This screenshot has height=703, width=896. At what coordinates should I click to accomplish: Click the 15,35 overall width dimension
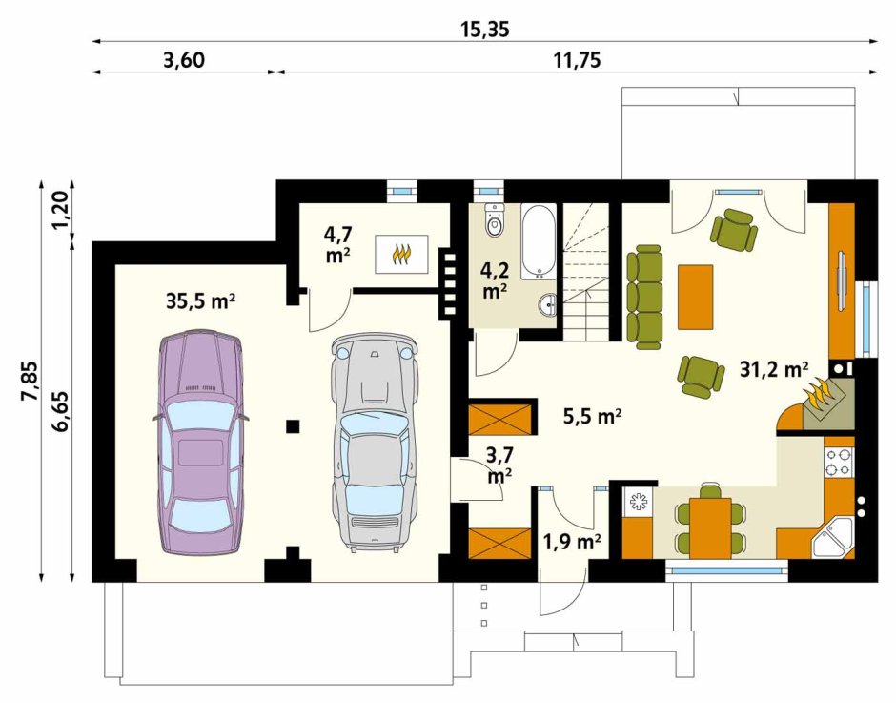point(484,30)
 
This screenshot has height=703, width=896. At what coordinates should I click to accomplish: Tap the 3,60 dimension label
point(184,59)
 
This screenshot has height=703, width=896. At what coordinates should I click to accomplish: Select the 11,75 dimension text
point(577,59)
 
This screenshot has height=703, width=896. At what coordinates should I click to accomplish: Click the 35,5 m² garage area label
point(201,301)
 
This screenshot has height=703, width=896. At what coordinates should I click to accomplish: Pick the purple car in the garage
point(200,442)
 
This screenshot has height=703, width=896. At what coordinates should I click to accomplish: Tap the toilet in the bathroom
point(495,220)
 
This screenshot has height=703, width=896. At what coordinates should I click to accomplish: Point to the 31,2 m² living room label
point(774,370)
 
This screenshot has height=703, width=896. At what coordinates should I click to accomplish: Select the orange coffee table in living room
point(695,297)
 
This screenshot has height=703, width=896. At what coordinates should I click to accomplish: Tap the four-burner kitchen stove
point(838,463)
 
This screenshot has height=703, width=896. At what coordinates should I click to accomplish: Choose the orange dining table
point(710,527)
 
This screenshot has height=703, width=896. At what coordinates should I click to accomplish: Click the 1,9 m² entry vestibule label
point(571,541)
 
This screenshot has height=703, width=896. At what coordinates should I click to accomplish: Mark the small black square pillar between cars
point(294,426)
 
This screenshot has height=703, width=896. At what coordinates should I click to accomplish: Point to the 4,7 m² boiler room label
point(337,245)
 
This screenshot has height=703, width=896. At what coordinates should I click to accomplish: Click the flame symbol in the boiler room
point(401,254)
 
